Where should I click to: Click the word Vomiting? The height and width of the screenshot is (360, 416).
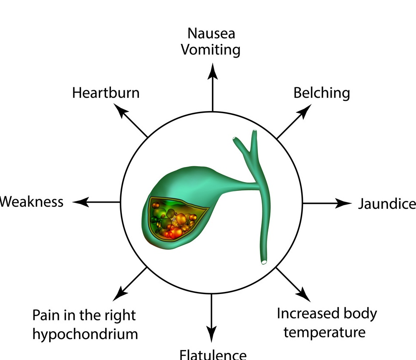(211, 50)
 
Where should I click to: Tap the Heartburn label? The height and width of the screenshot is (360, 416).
(106, 92)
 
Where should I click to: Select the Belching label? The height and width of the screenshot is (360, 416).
(321, 92)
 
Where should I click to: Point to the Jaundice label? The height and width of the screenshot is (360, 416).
(387, 204)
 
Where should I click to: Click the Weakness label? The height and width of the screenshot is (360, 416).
(32, 202)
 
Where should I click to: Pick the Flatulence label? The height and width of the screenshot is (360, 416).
(213, 355)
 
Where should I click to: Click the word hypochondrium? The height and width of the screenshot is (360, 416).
(85, 334)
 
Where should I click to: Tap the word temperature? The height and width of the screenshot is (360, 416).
(325, 332)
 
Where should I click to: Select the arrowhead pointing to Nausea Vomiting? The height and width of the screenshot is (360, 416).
(213, 70)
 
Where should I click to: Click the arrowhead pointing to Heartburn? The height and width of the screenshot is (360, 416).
(120, 110)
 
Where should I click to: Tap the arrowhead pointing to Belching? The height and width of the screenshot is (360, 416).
(305, 110)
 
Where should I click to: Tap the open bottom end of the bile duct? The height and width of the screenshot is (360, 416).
(264, 262)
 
